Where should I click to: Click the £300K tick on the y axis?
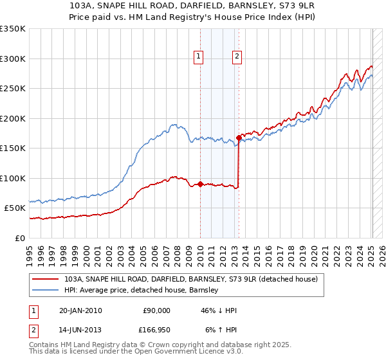pyautogui.click(x=13, y=59)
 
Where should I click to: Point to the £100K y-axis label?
pyautogui.click(x=13, y=178)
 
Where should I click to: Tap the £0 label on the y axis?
pyautogui.click(x=19, y=238)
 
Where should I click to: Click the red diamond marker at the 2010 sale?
pyautogui.click(x=200, y=184)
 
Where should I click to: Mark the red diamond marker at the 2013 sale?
pyautogui.click(x=239, y=138)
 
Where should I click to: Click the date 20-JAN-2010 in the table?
pyautogui.click(x=80, y=310)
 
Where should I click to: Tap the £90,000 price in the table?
pyautogui.click(x=156, y=310)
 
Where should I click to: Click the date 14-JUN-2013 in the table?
pyautogui.click(x=80, y=331)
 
